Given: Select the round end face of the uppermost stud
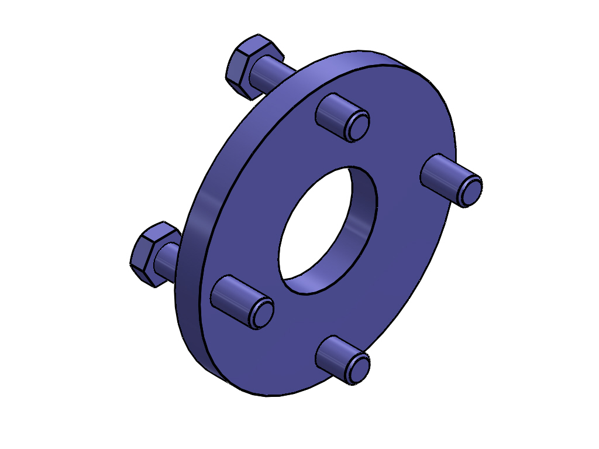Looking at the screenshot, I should (x=357, y=127).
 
